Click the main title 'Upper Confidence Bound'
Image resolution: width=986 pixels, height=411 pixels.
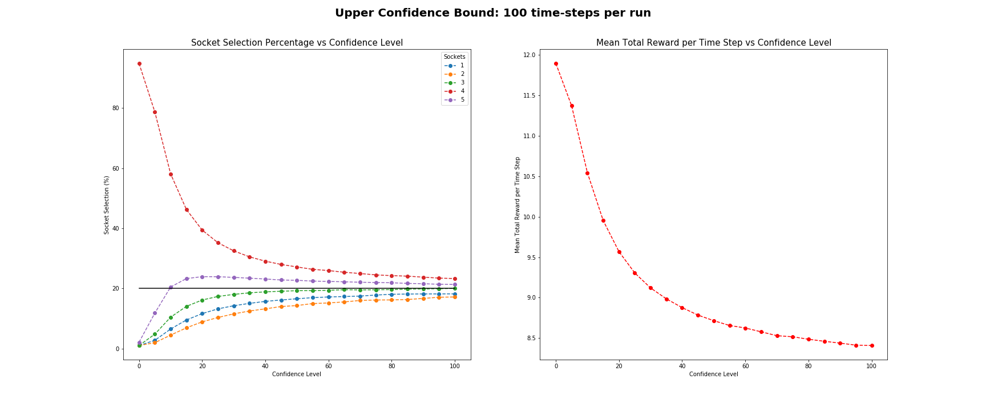(x=492, y=13)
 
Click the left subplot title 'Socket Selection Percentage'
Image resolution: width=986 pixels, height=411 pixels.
(x=297, y=43)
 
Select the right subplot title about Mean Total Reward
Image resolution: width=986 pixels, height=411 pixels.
(x=713, y=43)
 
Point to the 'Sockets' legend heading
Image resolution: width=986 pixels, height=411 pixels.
(x=454, y=57)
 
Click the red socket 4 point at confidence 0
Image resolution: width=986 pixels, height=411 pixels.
(x=139, y=64)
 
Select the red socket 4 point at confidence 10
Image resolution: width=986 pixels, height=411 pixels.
(x=171, y=174)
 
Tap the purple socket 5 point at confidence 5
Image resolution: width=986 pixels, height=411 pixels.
(x=155, y=313)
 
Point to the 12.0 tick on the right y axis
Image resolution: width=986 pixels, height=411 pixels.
(x=530, y=55)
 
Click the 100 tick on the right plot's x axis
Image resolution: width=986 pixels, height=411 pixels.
(x=871, y=366)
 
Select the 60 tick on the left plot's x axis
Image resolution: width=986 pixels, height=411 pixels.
(x=328, y=366)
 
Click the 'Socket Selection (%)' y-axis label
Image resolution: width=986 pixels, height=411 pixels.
(x=107, y=205)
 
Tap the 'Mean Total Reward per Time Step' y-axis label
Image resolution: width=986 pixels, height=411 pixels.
(x=518, y=205)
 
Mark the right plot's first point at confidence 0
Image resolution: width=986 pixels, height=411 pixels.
(x=556, y=64)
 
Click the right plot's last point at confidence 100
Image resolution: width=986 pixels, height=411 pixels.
(x=871, y=345)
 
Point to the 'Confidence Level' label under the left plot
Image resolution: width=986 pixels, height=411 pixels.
(x=296, y=374)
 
